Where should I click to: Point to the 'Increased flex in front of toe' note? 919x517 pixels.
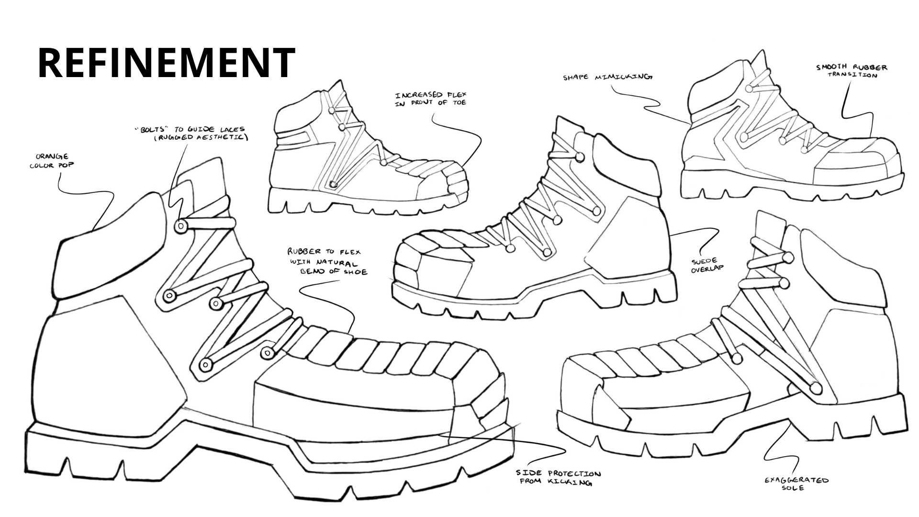[430, 99]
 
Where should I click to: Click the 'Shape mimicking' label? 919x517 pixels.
[607, 77]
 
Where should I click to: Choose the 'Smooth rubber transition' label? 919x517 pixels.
[852, 71]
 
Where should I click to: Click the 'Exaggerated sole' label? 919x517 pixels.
[796, 483]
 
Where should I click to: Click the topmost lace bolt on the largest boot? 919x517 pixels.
[181, 226]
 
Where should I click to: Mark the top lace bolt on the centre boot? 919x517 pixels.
[580, 157]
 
